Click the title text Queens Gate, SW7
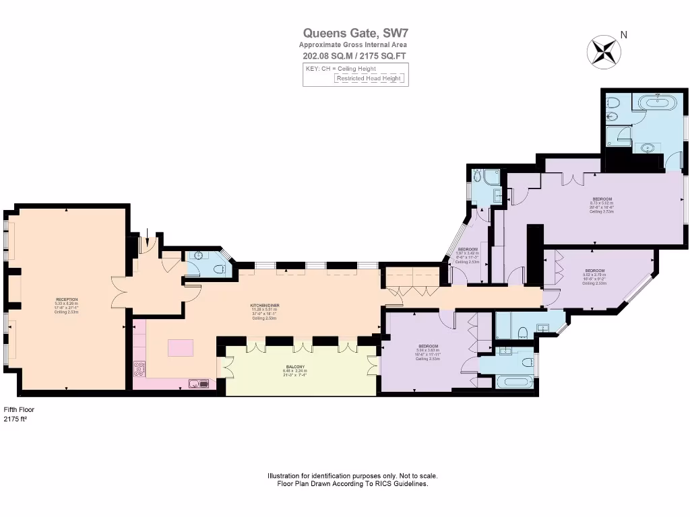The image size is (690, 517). [x=355, y=32]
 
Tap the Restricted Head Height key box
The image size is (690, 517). [x=370, y=78]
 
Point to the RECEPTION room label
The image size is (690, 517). [x=66, y=302]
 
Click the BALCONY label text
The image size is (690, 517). [x=296, y=368]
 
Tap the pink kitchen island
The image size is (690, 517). [x=180, y=348]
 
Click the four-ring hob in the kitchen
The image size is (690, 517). [x=140, y=368]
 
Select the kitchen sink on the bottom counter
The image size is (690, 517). [x=199, y=384]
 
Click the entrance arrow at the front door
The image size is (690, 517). [x=148, y=235]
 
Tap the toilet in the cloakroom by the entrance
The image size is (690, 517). [x=218, y=269]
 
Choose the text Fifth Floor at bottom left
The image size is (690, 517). [x=19, y=409]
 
